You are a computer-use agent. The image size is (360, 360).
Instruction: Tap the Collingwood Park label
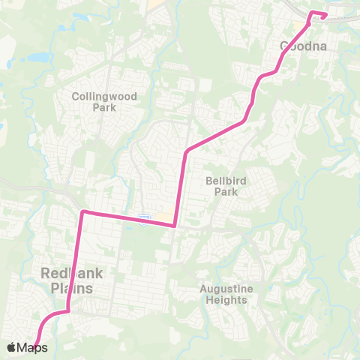102,102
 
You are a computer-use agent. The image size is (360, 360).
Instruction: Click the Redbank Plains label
67,281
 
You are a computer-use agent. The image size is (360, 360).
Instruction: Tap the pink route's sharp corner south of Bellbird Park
174,224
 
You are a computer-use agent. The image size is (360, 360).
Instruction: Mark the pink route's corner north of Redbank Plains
82,212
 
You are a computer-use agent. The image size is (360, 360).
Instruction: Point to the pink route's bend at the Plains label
69,309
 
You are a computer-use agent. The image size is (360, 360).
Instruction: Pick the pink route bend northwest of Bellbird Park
185,153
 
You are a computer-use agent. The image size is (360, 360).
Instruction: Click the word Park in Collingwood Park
102,107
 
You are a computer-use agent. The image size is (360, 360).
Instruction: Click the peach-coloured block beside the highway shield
160,217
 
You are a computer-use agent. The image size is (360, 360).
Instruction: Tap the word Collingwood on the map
102,96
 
